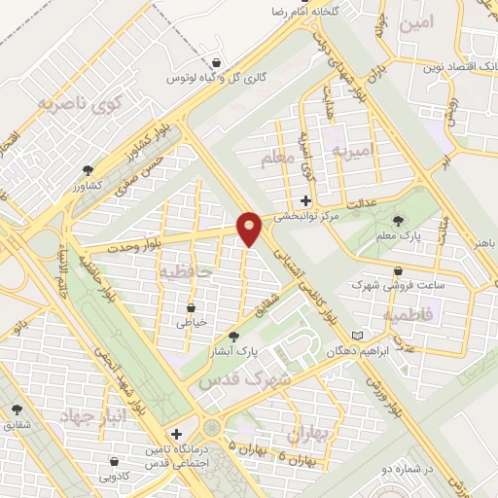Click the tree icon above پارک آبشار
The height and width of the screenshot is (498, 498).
[x=232, y=335]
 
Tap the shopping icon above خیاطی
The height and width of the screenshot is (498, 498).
[x=191, y=304]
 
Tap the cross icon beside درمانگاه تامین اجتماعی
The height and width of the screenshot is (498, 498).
[x=175, y=434]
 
